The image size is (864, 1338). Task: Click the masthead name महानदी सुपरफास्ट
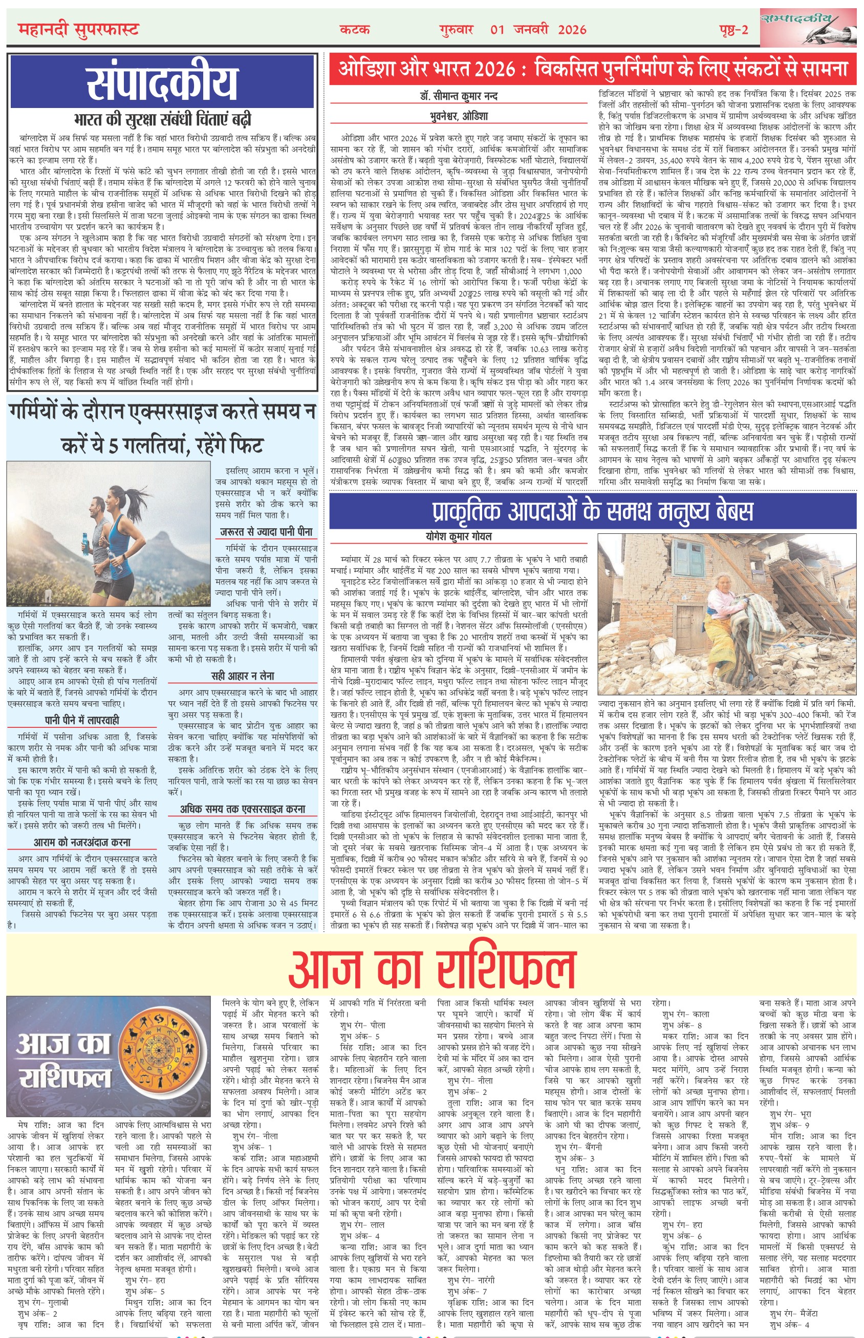[x=78, y=29]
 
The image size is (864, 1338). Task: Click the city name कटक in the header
[x=355, y=30]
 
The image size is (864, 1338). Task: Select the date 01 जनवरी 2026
[x=538, y=30]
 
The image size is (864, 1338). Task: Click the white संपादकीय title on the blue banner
[x=162, y=83]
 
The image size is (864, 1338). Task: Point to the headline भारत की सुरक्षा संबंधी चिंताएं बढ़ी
[x=162, y=119]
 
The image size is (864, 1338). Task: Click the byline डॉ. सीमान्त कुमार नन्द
[x=459, y=97]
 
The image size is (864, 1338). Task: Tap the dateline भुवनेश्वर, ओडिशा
[x=459, y=116]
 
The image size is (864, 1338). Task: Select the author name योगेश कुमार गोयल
[x=459, y=536]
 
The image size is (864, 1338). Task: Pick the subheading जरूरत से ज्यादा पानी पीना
[x=267, y=531]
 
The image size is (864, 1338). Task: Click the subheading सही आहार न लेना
[x=243, y=676]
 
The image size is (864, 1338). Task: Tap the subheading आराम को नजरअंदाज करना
[x=82, y=842]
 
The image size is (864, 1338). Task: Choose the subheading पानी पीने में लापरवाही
[x=82, y=720]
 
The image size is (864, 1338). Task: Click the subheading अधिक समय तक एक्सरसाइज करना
[x=243, y=809]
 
